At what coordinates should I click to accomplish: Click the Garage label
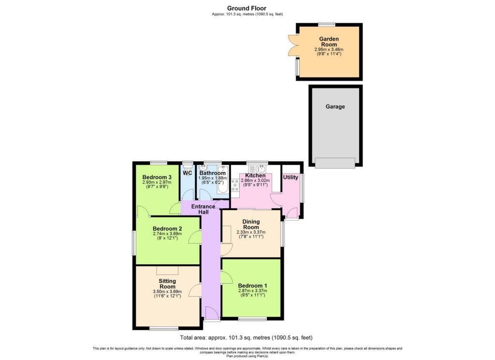tap(335, 107)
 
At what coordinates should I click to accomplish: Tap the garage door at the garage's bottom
tap(335, 163)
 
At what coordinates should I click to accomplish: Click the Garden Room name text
tap(329, 42)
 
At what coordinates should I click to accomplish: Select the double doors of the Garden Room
tap(292, 44)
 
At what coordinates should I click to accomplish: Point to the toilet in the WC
tap(188, 169)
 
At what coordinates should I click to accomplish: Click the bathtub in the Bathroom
tap(223, 180)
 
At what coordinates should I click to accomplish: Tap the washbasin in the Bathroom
tap(203, 168)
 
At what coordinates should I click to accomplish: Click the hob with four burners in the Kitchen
tap(235, 185)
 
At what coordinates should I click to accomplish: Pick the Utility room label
tap(291, 177)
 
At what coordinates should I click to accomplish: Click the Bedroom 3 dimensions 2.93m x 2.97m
tap(157, 182)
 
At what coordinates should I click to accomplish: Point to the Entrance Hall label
tap(204, 209)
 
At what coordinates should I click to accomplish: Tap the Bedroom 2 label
tap(167, 229)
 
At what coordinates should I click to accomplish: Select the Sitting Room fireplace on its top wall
tap(167, 271)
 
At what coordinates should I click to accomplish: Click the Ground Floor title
tap(247, 8)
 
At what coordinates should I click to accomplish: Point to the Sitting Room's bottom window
tap(164, 329)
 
